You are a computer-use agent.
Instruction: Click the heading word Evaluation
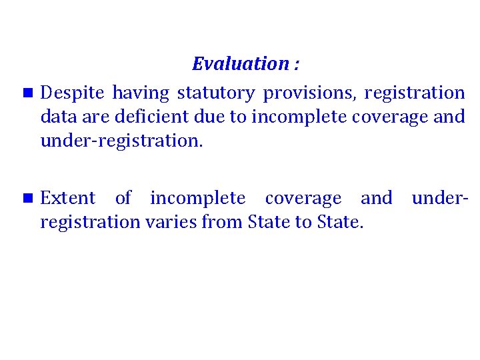click(239, 65)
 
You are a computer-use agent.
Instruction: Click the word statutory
click(215, 93)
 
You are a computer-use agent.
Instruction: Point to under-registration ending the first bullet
click(120, 141)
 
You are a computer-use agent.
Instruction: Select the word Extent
click(68, 198)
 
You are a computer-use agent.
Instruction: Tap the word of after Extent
click(123, 198)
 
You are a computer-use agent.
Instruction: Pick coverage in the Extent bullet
click(303, 198)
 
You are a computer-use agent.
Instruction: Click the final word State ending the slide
click(339, 222)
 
